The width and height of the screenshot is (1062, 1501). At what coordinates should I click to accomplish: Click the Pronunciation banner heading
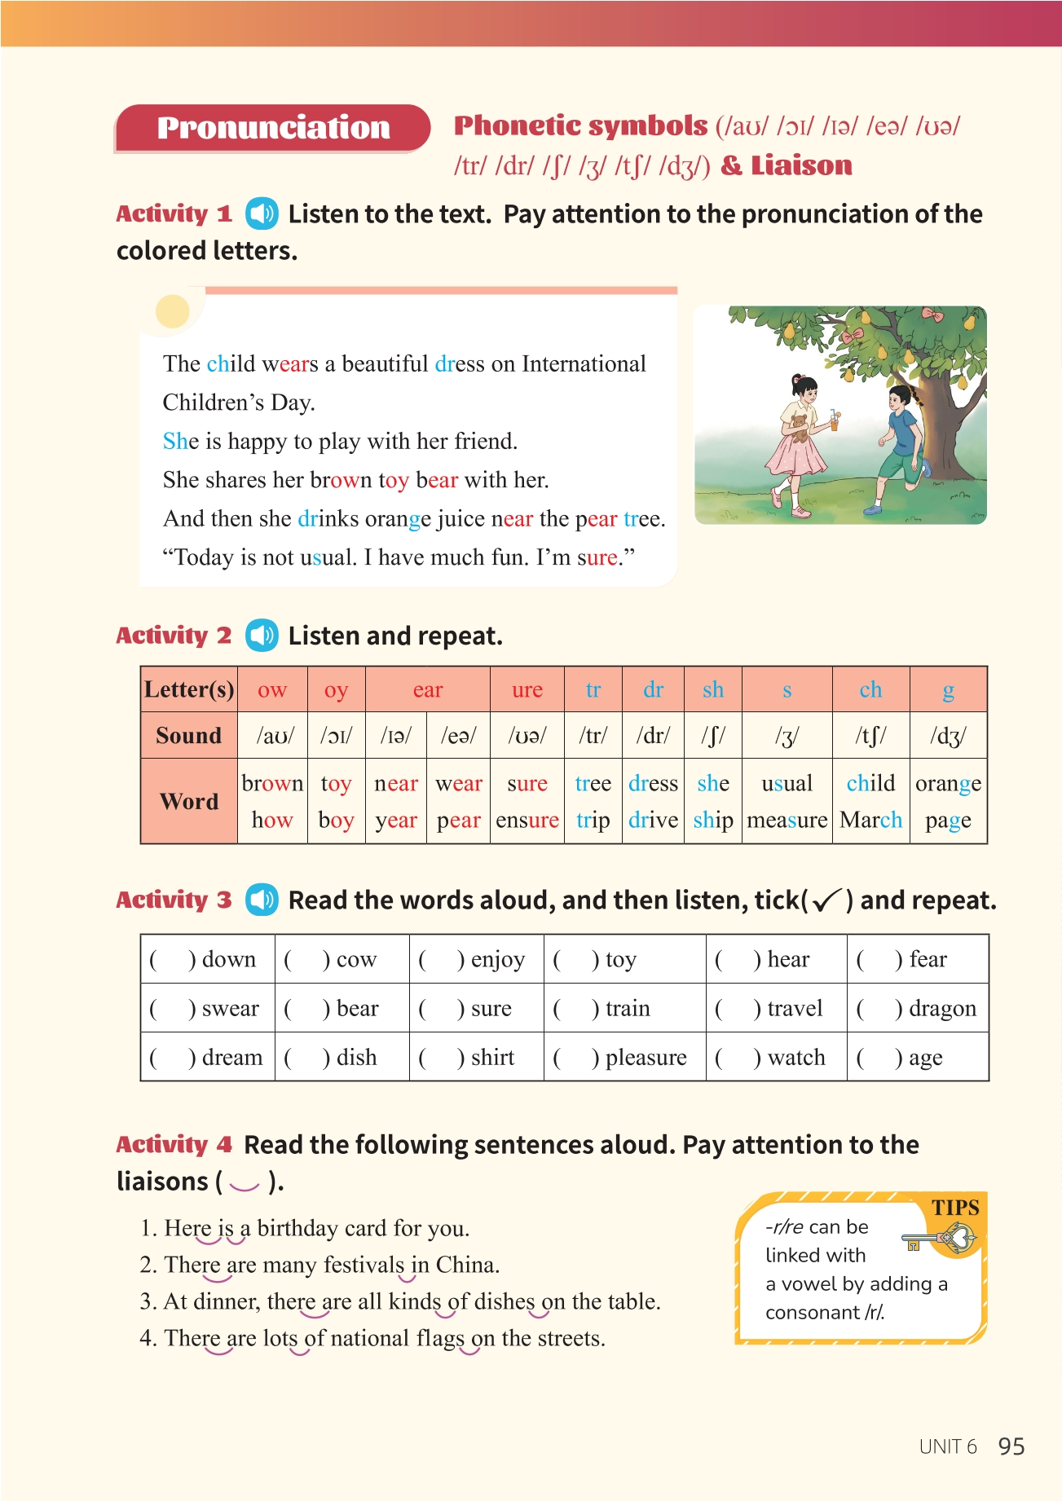pyautogui.click(x=272, y=128)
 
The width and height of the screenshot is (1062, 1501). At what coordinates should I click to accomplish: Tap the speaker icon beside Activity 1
pyautogui.click(x=262, y=214)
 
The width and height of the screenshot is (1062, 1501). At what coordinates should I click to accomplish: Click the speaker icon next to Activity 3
pyautogui.click(x=262, y=900)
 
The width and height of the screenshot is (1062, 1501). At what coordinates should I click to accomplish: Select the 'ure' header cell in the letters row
pyautogui.click(x=527, y=690)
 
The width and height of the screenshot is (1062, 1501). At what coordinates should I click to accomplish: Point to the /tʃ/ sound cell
pyautogui.click(x=870, y=736)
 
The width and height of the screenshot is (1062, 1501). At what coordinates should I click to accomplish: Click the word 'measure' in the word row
pyautogui.click(x=787, y=820)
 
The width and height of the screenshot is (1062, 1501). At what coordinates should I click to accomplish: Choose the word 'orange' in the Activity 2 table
pyautogui.click(x=947, y=784)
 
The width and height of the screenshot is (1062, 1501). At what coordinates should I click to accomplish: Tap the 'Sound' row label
pyautogui.click(x=188, y=736)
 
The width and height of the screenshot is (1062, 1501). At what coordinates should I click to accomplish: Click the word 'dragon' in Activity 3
pyautogui.click(x=941, y=1009)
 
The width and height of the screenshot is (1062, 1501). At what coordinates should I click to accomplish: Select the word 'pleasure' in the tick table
pyautogui.click(x=646, y=1058)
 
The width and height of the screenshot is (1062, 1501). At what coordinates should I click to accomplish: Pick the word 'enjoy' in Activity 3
pyautogui.click(x=497, y=960)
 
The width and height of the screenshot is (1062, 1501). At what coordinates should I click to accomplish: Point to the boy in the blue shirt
pyautogui.click(x=901, y=444)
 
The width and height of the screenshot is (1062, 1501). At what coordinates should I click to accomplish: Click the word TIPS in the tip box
pyautogui.click(x=954, y=1208)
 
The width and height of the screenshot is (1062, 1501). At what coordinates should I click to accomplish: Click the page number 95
pyautogui.click(x=1011, y=1446)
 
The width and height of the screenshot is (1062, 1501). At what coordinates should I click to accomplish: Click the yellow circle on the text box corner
pyautogui.click(x=172, y=310)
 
